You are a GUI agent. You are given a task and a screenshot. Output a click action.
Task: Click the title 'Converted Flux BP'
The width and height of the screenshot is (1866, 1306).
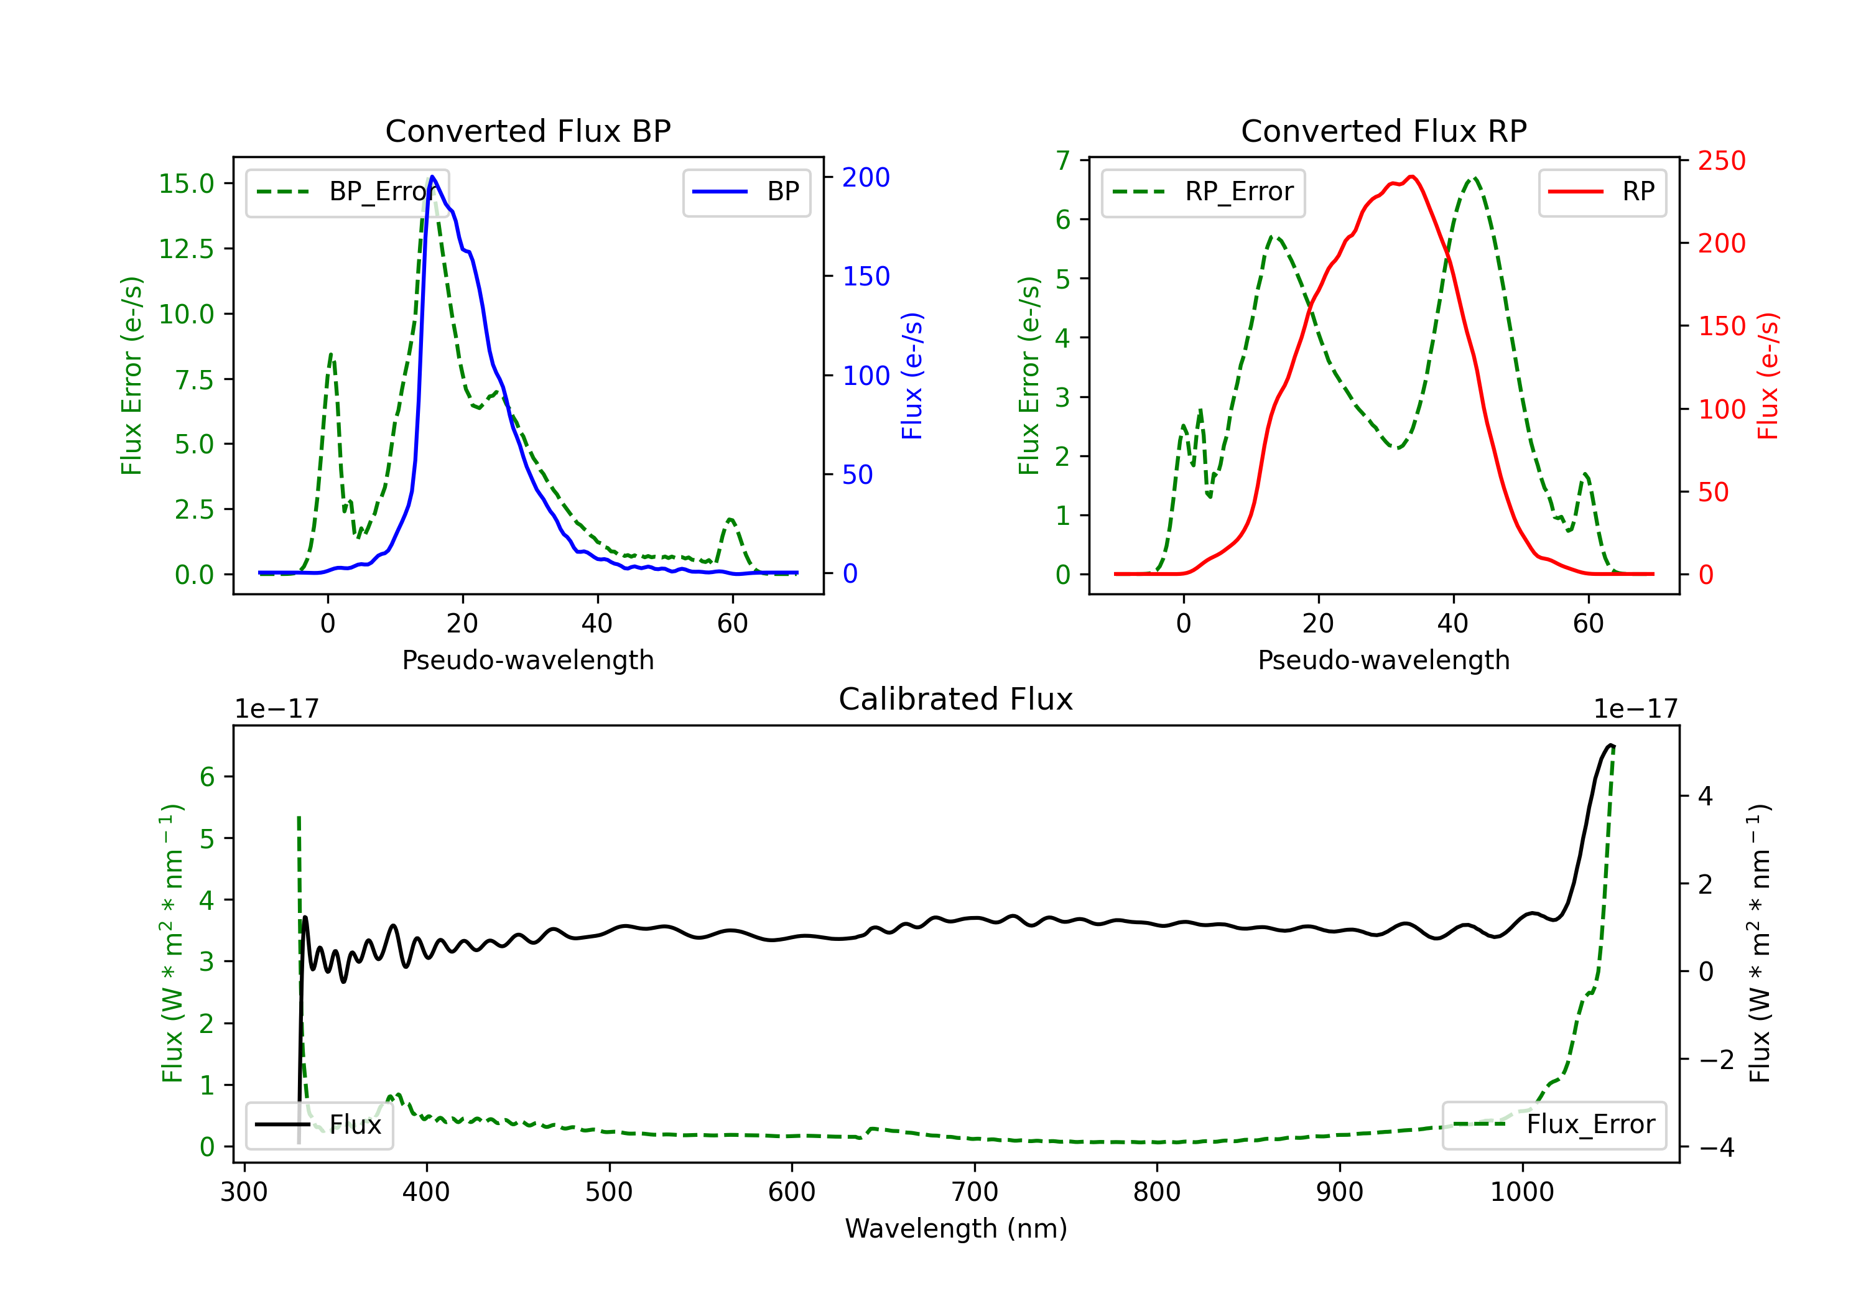tap(527, 131)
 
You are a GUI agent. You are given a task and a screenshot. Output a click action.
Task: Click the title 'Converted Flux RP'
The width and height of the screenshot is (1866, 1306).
tap(1383, 131)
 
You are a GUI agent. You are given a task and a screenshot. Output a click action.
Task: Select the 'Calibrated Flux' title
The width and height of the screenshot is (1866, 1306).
tap(956, 699)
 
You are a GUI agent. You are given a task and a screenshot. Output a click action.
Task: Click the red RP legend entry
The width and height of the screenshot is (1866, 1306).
tap(1603, 192)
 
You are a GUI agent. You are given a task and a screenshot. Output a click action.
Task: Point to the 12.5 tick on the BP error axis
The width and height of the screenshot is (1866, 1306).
tap(186, 249)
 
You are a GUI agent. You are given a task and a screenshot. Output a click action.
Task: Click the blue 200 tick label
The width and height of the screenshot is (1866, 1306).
tap(866, 177)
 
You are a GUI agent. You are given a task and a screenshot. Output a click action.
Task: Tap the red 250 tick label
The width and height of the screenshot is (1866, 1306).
tap(1721, 161)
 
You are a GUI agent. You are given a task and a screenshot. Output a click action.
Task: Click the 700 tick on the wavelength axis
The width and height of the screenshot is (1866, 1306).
tap(975, 1192)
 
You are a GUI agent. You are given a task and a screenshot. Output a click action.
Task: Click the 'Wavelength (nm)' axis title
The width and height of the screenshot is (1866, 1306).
tap(956, 1229)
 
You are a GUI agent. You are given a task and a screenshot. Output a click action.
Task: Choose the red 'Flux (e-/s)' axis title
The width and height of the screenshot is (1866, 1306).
tap(1768, 376)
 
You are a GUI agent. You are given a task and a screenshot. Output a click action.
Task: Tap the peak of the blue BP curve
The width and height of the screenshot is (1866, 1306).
tap(432, 177)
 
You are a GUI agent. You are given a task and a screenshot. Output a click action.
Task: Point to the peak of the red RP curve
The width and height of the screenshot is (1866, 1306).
tap(1413, 177)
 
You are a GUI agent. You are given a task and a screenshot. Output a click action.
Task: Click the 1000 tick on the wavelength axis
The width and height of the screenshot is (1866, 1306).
tap(1522, 1192)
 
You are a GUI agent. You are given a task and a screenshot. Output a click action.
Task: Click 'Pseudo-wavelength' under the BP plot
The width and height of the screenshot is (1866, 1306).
tap(528, 660)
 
